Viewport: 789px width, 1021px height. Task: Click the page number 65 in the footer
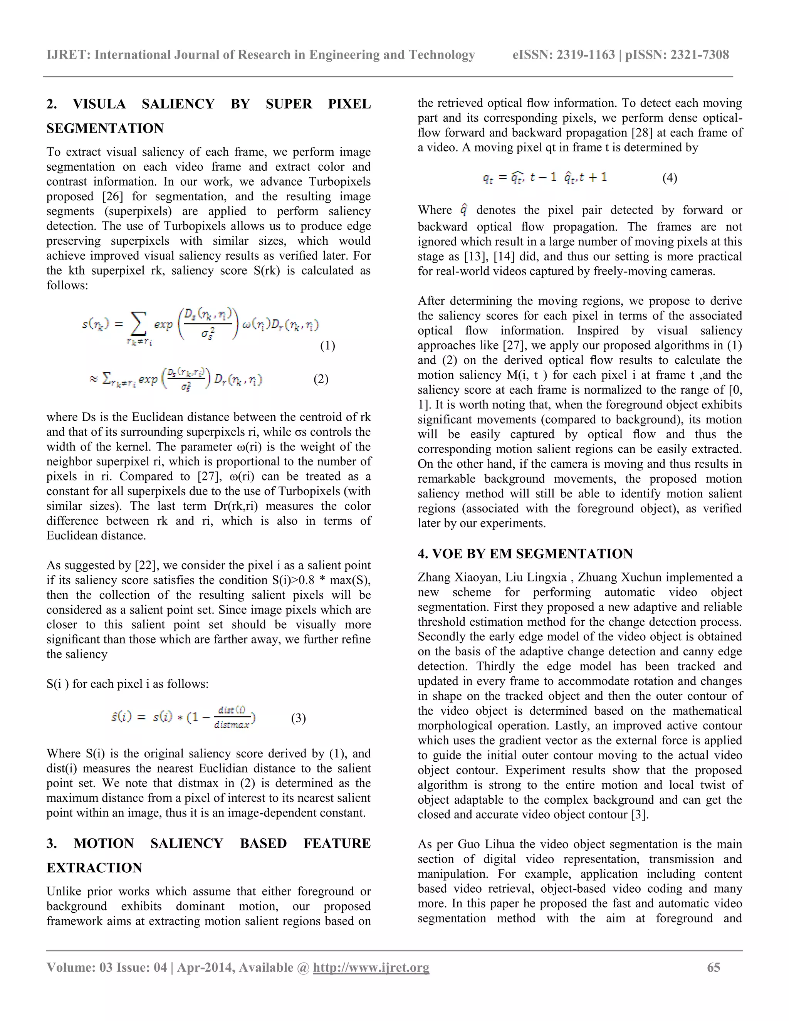713,967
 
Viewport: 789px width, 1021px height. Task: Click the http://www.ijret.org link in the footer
371,967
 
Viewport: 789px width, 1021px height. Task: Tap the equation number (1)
327,346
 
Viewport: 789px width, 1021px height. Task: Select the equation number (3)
298,718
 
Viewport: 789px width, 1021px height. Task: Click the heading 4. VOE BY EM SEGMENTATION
525,554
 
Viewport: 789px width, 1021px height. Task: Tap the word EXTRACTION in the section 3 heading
94,868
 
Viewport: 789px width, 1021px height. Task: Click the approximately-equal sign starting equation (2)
94,379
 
